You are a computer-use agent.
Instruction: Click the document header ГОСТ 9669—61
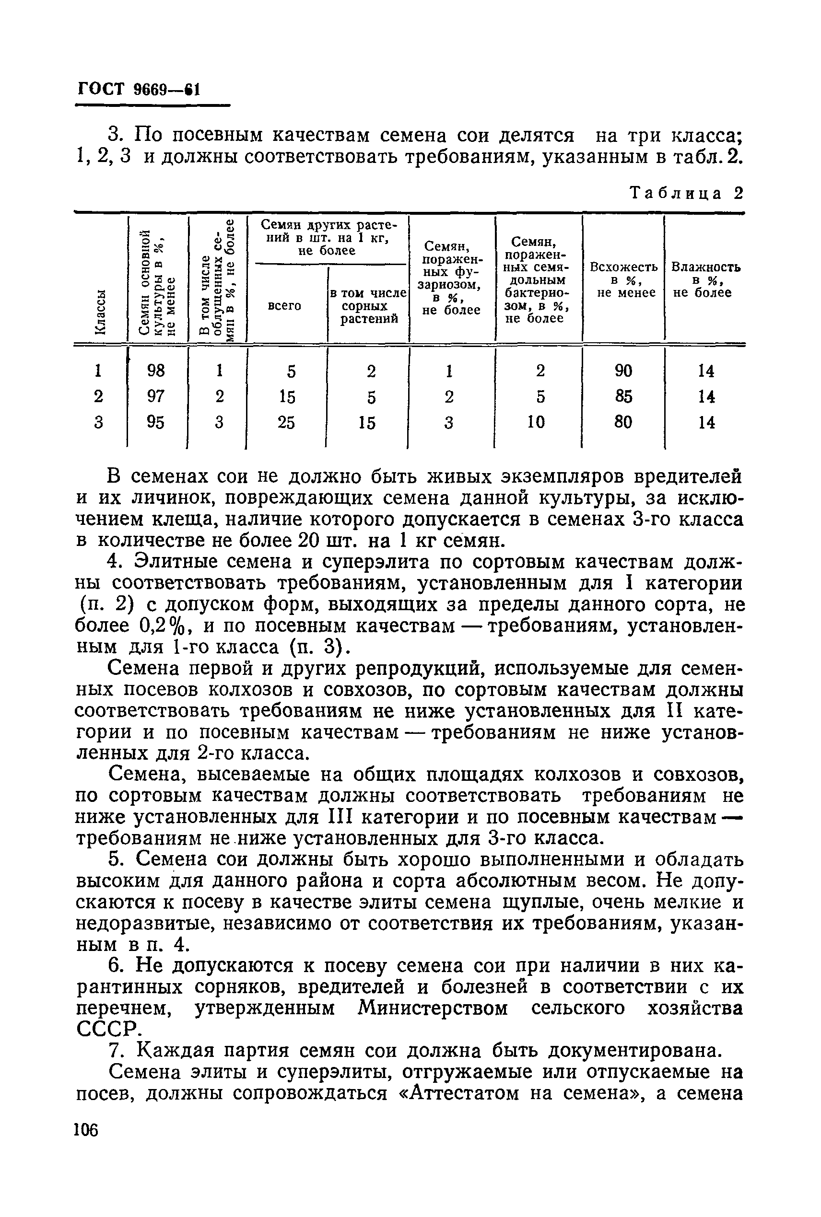tap(138, 89)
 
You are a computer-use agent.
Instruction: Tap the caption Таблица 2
tap(686, 193)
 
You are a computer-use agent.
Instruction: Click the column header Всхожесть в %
tap(623, 279)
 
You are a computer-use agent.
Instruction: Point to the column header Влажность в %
tap(705, 279)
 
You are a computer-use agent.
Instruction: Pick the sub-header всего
tap(284, 305)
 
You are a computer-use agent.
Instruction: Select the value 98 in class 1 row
tap(156, 371)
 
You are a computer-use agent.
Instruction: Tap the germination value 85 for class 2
tap(623, 396)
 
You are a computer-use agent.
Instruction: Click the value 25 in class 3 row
tap(286, 422)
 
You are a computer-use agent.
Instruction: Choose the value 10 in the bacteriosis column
tap(536, 422)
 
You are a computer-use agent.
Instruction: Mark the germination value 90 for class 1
tap(623, 371)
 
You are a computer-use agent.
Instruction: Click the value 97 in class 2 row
tap(156, 396)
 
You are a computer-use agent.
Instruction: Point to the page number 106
tap(86, 1130)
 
